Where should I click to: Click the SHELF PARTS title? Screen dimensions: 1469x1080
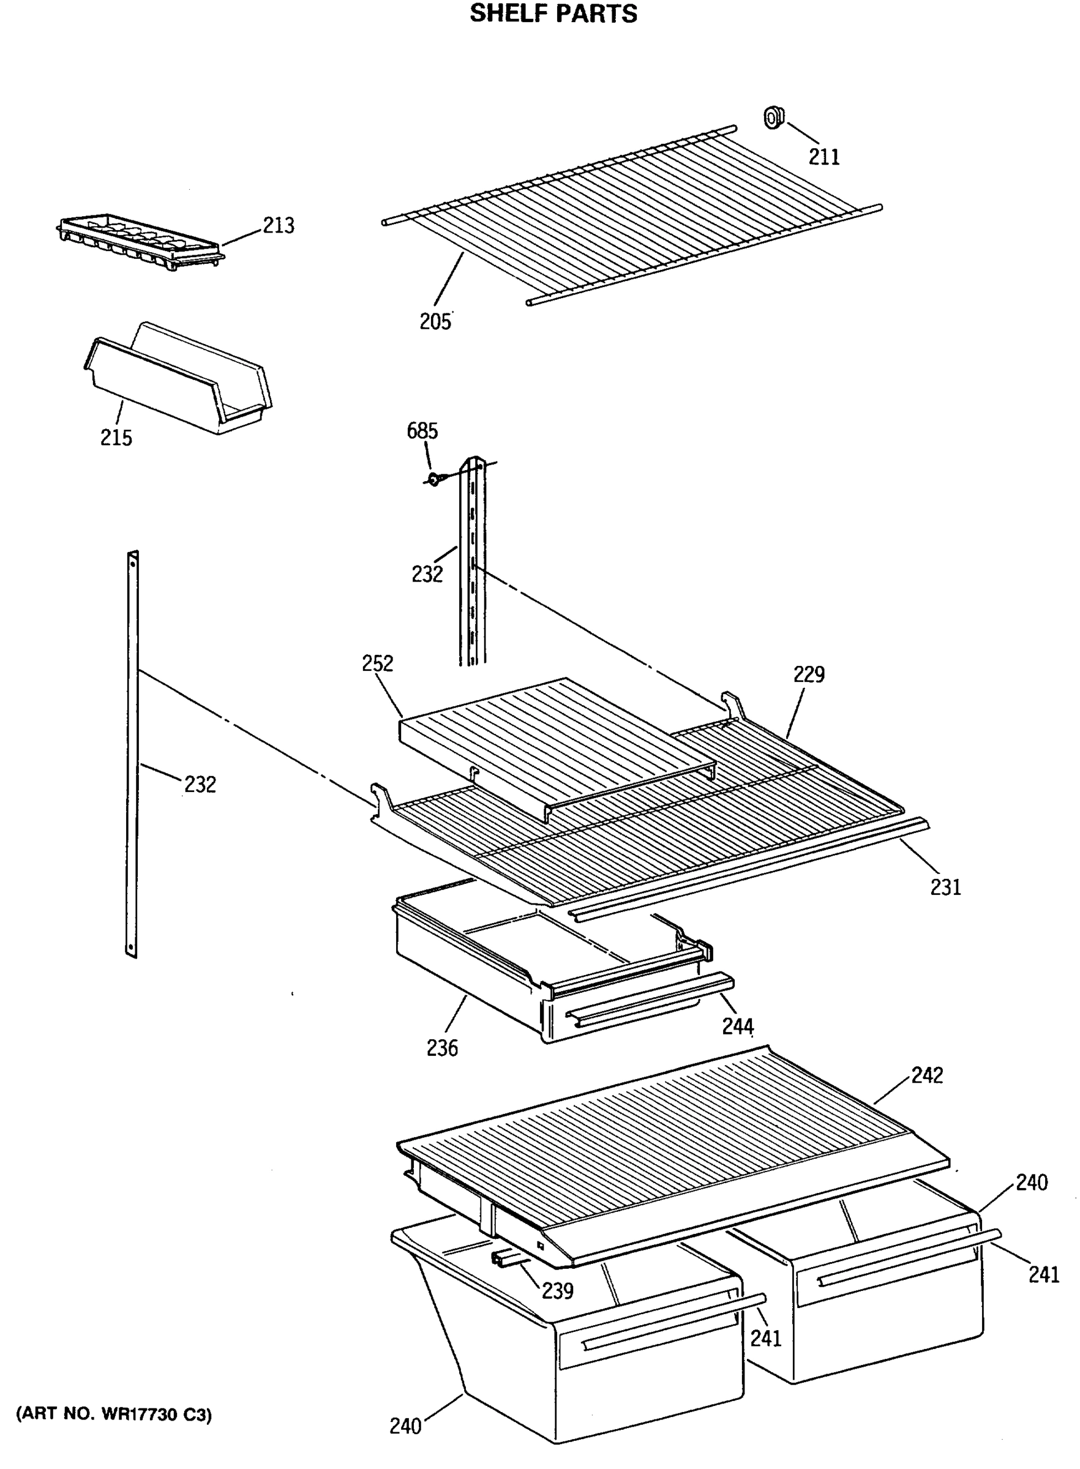point(553,13)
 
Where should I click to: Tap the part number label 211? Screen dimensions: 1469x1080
point(823,157)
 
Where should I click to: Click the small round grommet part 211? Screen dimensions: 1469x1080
point(774,118)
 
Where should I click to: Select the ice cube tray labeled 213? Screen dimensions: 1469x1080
point(140,243)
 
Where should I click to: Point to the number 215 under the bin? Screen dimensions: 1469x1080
point(116,438)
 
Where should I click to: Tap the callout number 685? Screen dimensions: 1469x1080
point(422,432)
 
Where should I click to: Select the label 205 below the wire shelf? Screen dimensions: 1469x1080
point(435,321)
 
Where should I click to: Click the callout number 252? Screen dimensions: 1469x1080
point(378,663)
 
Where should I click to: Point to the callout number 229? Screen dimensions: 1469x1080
point(809,675)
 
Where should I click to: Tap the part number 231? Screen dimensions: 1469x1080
point(945,888)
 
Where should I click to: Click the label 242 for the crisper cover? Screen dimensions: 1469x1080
point(927,1075)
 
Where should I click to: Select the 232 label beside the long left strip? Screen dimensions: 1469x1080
point(200,784)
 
